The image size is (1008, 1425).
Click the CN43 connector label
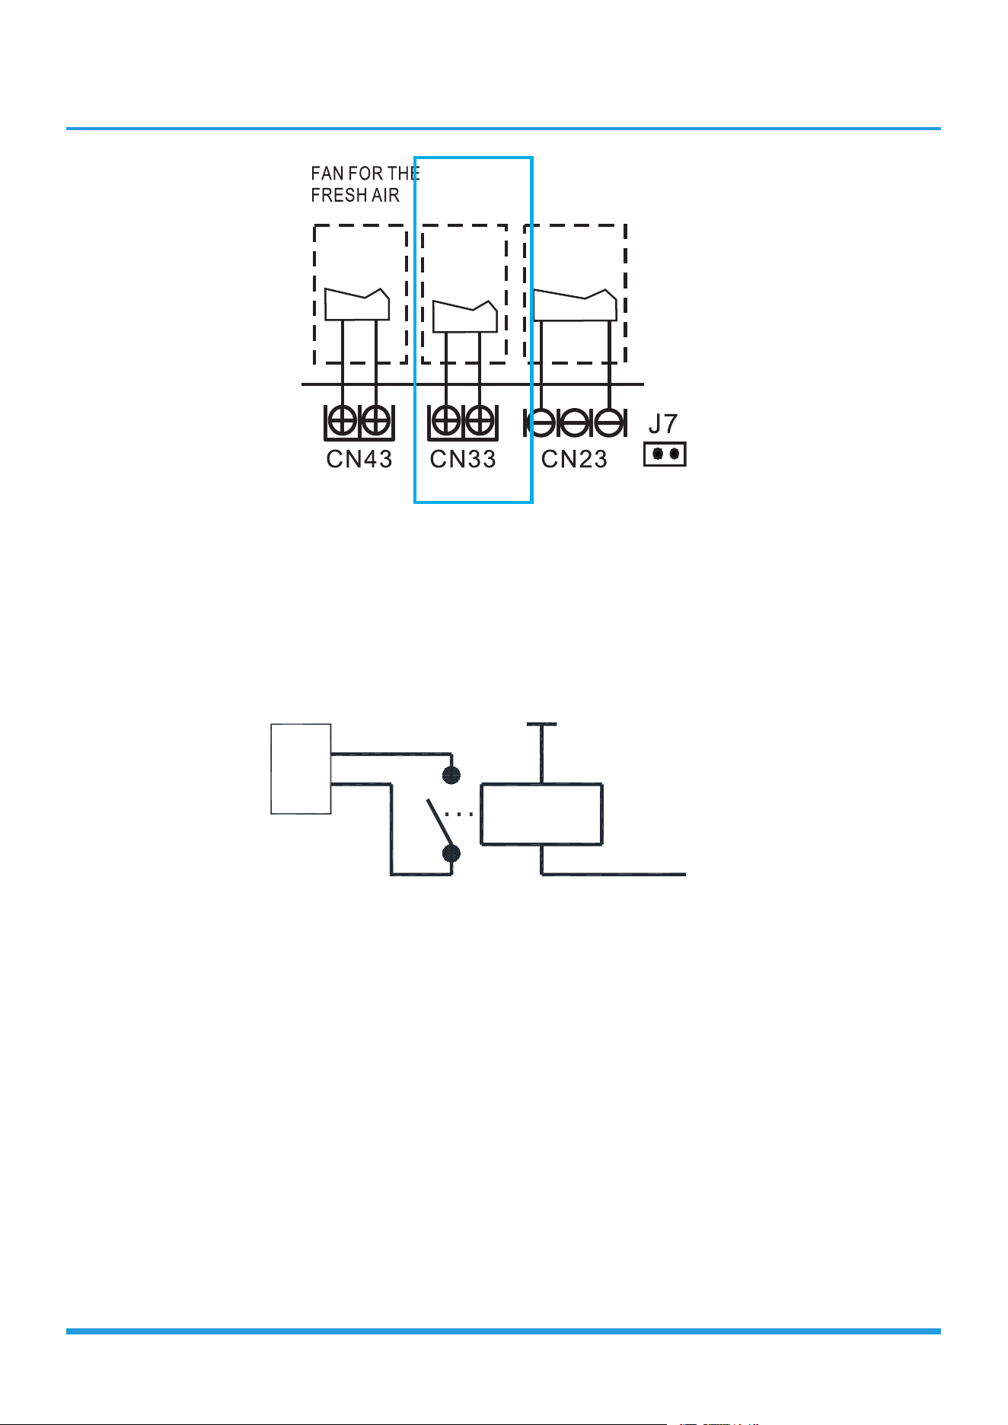tap(359, 459)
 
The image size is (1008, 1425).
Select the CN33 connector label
tap(463, 459)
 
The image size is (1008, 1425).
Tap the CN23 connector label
tap(574, 459)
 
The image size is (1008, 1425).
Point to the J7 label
tap(663, 424)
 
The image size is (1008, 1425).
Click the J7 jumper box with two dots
tap(665, 454)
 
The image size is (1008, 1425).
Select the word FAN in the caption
tap(327, 174)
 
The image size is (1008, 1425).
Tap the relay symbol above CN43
tap(357, 304)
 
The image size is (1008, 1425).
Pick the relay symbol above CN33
tap(465, 316)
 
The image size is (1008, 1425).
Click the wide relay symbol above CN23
tap(575, 304)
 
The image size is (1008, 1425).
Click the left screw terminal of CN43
tap(342, 421)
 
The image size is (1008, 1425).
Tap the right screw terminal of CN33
tap(480, 421)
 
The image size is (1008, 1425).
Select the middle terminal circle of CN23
tap(575, 422)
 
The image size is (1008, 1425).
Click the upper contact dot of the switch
tap(451, 775)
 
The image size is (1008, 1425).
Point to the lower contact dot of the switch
tap(451, 853)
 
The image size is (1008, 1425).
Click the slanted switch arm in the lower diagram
tap(439, 822)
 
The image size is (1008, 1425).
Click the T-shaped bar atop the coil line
tap(541, 724)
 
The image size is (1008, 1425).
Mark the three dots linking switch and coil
tap(459, 814)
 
